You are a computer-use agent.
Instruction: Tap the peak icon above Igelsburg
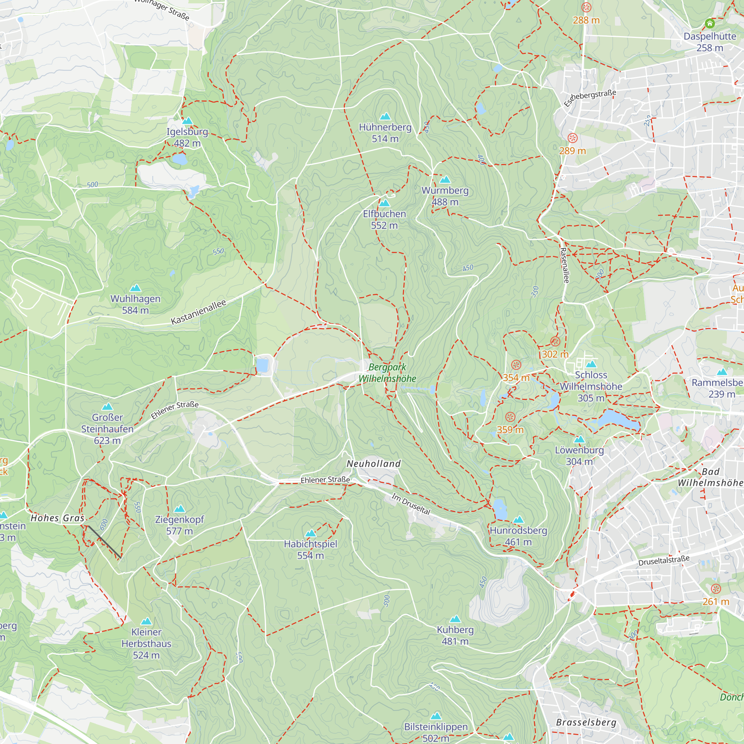(187, 121)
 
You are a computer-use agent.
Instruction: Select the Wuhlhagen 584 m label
(135, 304)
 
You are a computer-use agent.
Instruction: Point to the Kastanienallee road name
(198, 312)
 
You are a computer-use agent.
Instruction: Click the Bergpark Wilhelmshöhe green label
(387, 373)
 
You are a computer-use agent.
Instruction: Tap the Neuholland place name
(373, 464)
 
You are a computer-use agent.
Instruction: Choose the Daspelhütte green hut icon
(710, 23)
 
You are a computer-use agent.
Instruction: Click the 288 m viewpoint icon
(586, 7)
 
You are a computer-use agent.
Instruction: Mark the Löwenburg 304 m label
(579, 456)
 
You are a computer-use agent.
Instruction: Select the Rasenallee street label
(564, 265)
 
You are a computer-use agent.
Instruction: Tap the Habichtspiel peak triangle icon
(310, 533)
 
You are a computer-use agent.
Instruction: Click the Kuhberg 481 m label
(455, 635)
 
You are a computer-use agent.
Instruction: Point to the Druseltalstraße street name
(664, 561)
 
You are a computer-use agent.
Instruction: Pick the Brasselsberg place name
(586, 722)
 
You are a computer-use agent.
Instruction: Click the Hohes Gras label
(57, 518)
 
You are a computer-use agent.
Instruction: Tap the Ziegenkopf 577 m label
(179, 525)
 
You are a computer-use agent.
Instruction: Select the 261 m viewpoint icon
(716, 589)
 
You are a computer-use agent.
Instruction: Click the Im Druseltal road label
(411, 504)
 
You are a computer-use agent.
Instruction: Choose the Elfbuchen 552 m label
(384, 219)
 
